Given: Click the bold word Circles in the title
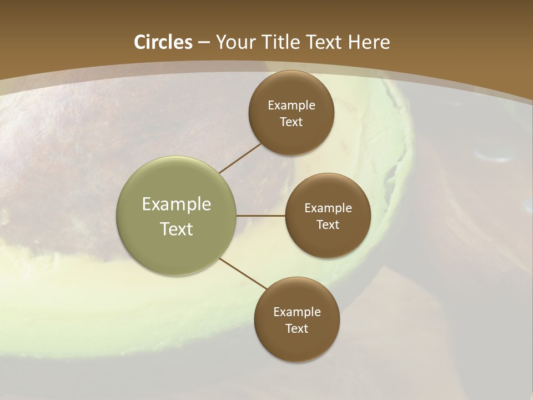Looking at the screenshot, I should coord(163,42).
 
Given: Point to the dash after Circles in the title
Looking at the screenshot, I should coord(204,43).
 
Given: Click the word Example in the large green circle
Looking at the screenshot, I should coord(177,204).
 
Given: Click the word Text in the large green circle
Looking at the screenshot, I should coord(177,229).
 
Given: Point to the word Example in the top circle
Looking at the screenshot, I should coord(291,106).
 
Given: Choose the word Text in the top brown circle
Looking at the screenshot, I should coord(291,122).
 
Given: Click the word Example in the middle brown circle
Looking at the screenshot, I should coord(328,208).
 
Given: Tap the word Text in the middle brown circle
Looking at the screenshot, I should coord(328,225).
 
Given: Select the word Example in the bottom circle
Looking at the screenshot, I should coord(297,312).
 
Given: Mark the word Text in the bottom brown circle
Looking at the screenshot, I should coord(296,329).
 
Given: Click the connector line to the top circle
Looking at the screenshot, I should coord(240,158).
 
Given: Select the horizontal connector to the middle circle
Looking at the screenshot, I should coord(261,216).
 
